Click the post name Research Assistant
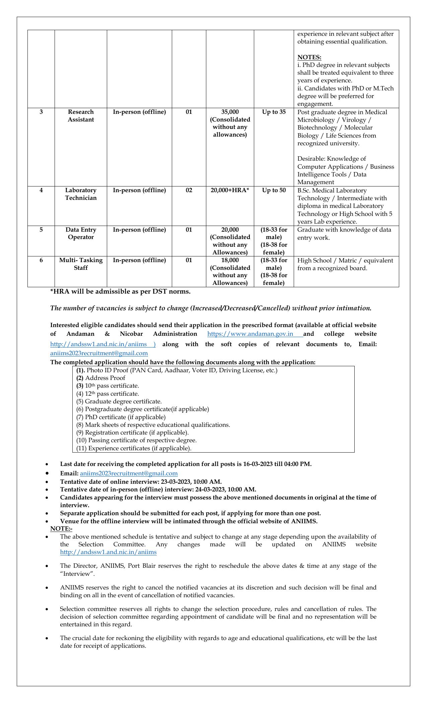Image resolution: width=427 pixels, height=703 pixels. coord(81,116)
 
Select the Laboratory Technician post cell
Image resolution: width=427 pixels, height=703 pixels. coord(81,194)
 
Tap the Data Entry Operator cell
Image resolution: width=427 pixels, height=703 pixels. coord(81,233)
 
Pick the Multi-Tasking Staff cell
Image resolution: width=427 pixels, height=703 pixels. coord(81,264)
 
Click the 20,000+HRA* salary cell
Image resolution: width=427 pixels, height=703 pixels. coord(230,190)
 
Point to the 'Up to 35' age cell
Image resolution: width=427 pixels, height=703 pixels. coord(274,112)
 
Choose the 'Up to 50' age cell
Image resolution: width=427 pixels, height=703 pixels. coord(274,190)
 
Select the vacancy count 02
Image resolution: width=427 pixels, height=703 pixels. coord(189,190)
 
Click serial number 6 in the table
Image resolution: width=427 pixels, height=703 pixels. coord(41,260)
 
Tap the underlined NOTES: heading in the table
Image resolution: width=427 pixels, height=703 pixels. coord(309,57)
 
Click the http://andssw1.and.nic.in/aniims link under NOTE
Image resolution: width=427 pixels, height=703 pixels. coord(108,552)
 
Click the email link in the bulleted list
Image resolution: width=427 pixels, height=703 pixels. coord(129,473)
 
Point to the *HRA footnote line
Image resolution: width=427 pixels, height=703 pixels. coord(120,292)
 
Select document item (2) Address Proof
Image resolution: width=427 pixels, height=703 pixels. coord(101,378)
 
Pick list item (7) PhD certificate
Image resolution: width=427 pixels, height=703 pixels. coord(121,417)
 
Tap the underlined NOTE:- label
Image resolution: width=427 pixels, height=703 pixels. coord(61,529)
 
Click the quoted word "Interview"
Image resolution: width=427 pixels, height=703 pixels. coord(77,574)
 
